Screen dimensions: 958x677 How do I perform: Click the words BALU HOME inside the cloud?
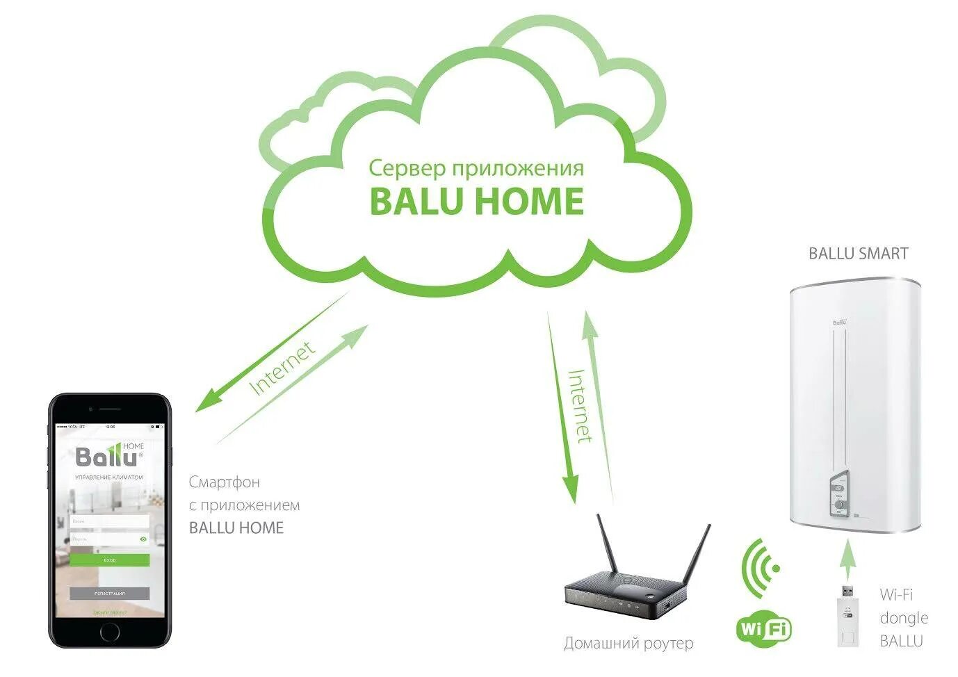(x=476, y=201)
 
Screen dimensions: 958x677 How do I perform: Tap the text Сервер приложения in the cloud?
(x=476, y=168)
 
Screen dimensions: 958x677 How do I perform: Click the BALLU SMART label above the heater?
(x=858, y=254)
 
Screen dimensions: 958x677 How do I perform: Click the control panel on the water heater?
(x=839, y=494)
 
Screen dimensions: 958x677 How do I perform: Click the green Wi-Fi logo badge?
(x=763, y=630)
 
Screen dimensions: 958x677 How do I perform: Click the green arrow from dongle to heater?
(x=847, y=559)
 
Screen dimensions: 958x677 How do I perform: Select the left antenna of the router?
(x=608, y=546)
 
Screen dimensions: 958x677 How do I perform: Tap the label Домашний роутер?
(x=628, y=644)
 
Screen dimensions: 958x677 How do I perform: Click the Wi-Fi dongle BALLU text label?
(x=903, y=617)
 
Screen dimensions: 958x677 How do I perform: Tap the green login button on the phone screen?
(x=109, y=560)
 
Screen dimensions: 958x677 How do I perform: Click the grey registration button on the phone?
(x=109, y=594)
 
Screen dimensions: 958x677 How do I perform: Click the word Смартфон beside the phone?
(x=224, y=482)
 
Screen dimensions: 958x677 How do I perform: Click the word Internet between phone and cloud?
(x=282, y=368)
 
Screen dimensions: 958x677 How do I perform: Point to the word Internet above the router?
(x=580, y=406)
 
